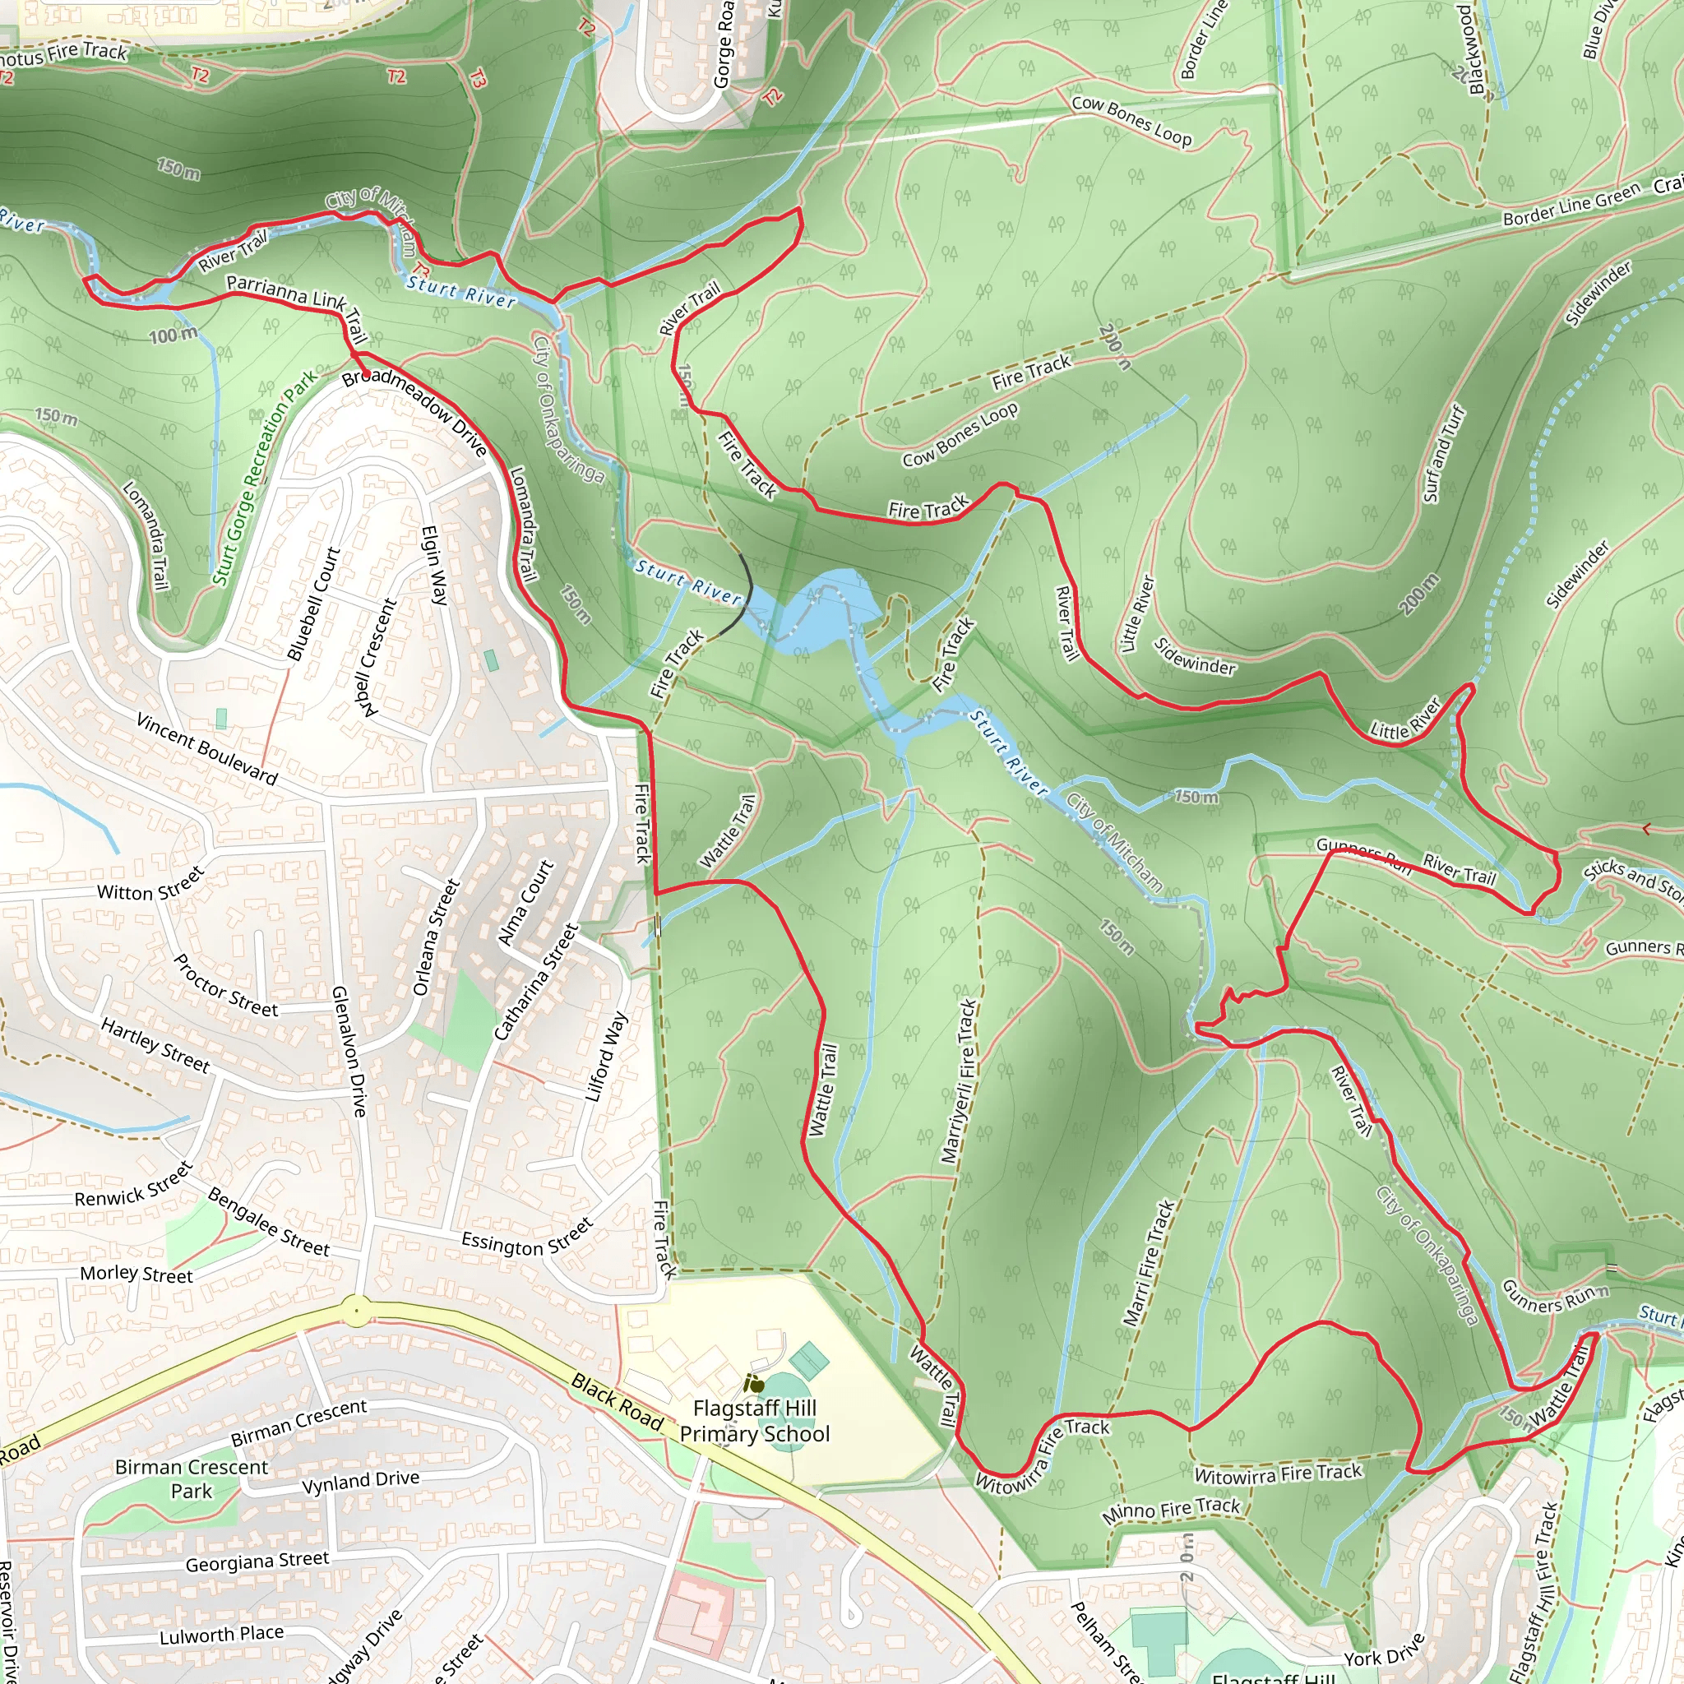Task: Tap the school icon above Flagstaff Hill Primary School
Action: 754,1383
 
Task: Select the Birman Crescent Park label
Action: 192,1478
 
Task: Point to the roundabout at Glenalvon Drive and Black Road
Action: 355,1310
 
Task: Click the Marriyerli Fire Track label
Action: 959,1080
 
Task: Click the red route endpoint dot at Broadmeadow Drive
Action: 367,375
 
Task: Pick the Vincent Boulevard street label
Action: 207,749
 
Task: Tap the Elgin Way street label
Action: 435,565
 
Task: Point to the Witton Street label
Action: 150,884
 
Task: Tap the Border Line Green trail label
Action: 1571,206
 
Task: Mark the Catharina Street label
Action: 536,983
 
